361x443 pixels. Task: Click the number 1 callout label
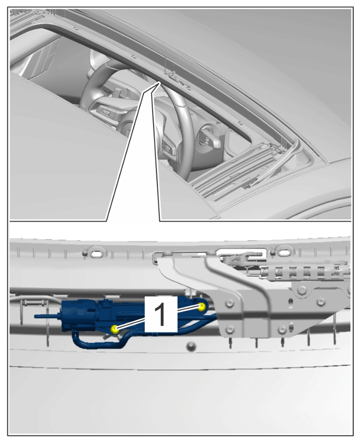coord(161,314)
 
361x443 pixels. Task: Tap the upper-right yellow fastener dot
coord(201,307)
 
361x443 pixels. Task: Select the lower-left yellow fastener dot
coord(115,328)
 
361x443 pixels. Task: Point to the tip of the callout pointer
coord(160,82)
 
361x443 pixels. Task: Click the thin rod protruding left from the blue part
coord(48,316)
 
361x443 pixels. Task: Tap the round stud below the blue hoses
coord(191,347)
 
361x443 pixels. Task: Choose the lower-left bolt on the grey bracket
coord(230,328)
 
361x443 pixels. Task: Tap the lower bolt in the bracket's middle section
coord(282,329)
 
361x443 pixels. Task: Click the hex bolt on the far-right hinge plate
coord(302,289)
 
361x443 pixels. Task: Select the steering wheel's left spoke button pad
coord(104,111)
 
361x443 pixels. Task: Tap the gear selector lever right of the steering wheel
coord(208,138)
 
